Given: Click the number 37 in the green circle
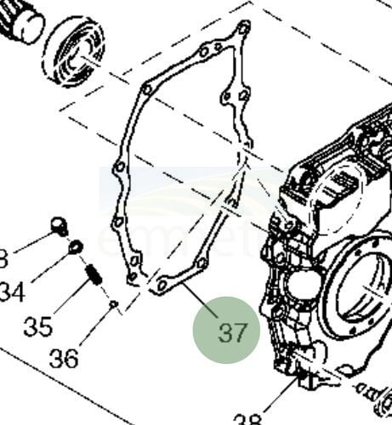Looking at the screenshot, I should pyautogui.click(x=226, y=331).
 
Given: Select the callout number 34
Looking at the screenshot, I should pyautogui.click(x=11, y=292).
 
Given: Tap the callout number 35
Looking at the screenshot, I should pyautogui.click(x=37, y=326).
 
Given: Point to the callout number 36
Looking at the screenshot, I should pyautogui.click(x=65, y=358).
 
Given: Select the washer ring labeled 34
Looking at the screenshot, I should pyautogui.click(x=75, y=247).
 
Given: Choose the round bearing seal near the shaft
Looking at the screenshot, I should pyautogui.click(x=73, y=53).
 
